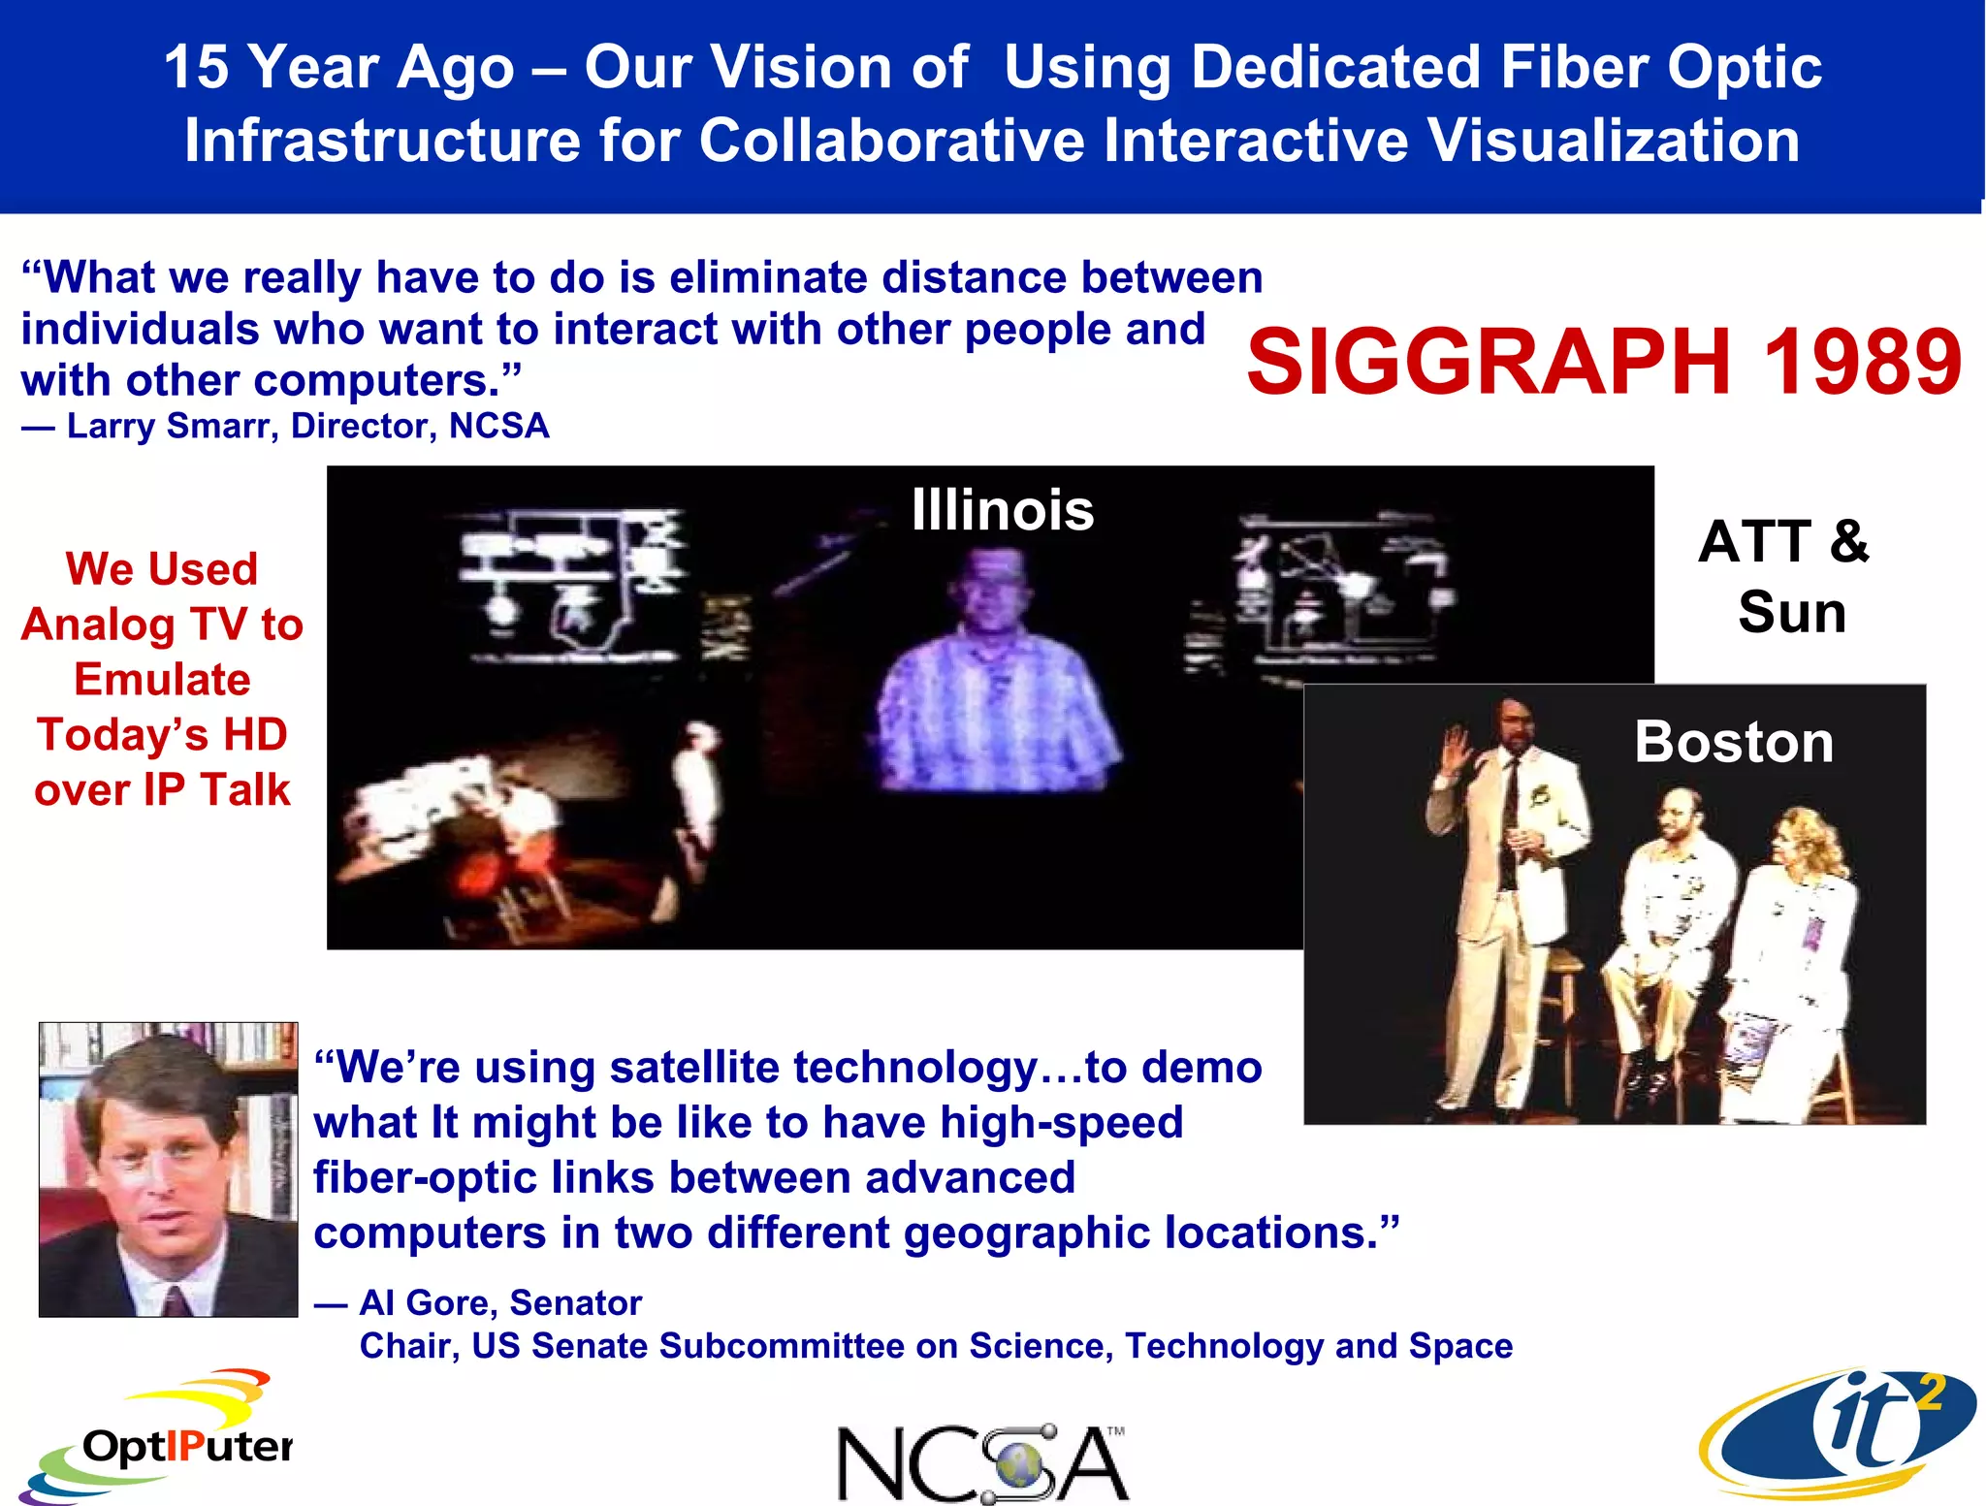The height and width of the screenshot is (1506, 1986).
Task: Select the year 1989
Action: (1862, 362)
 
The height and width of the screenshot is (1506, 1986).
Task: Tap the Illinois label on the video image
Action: (1002, 510)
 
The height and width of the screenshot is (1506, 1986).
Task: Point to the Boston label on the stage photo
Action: (1734, 742)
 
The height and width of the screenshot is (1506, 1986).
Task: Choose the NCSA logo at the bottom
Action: (981, 1462)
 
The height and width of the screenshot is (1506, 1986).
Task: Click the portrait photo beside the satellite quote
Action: (169, 1169)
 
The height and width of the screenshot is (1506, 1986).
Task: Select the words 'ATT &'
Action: (1782, 541)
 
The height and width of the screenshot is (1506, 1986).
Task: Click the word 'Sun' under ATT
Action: (1791, 613)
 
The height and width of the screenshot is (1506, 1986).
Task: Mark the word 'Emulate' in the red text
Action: (162, 680)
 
